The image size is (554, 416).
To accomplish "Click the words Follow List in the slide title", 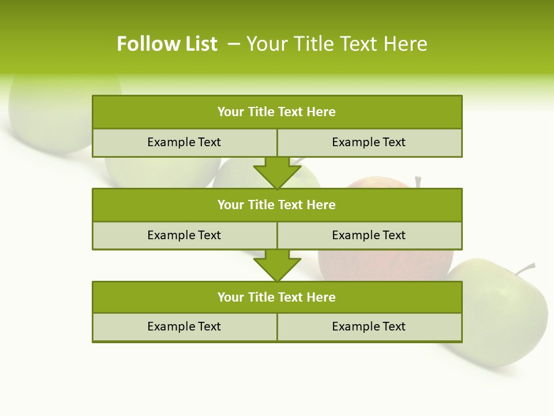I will [x=167, y=44].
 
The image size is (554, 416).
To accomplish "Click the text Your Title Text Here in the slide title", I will [x=336, y=44].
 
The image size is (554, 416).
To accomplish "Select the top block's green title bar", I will [x=277, y=112].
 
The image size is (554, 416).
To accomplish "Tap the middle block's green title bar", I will [x=277, y=205].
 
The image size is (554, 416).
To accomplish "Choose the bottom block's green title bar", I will [x=277, y=298].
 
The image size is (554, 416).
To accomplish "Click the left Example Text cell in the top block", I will [x=184, y=143].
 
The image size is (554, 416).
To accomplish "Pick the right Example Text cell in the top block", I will [x=369, y=143].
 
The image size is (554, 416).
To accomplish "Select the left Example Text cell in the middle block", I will [x=184, y=236].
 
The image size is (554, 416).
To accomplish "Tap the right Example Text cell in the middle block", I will [x=369, y=236].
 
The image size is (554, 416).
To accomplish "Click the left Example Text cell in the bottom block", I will [x=184, y=327].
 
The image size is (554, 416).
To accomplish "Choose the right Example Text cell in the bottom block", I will [x=369, y=327].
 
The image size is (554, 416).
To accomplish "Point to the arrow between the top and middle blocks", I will [x=277, y=172].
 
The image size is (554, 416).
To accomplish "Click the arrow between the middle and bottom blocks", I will [x=277, y=265].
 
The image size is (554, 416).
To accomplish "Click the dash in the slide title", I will [x=234, y=44].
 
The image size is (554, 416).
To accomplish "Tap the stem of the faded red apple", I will [x=418, y=183].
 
